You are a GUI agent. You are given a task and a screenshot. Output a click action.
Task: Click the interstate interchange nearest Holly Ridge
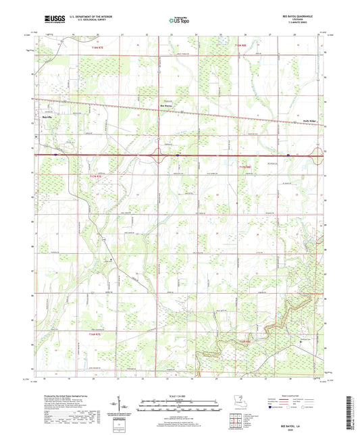pyautogui.click(x=315, y=155)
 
